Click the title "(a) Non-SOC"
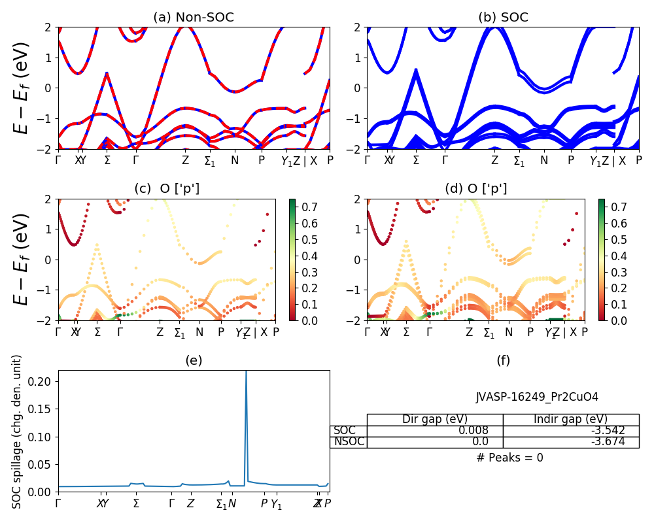[194, 18]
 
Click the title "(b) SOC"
[503, 18]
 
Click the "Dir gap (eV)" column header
[435, 420]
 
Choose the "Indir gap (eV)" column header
[571, 420]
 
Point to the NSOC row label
[349, 442]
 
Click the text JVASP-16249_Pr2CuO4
[536, 397]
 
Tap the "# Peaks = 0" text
[509, 458]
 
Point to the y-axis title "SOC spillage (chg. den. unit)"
[18, 431]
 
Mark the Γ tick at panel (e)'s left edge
[58, 503]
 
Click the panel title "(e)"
[194, 360]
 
